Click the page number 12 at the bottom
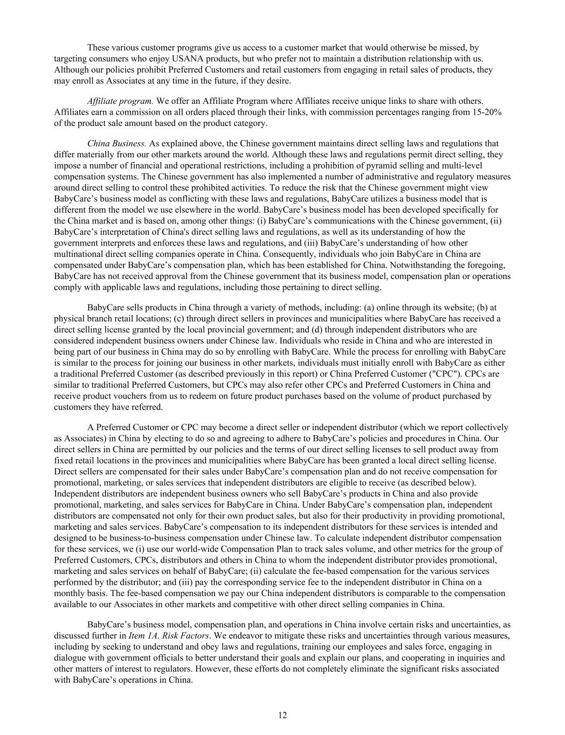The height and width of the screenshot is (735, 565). pyautogui.click(x=282, y=715)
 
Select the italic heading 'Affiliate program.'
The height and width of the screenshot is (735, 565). pyautogui.click(x=120, y=101)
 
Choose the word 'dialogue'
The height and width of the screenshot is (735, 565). pyautogui.click(x=70, y=658)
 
